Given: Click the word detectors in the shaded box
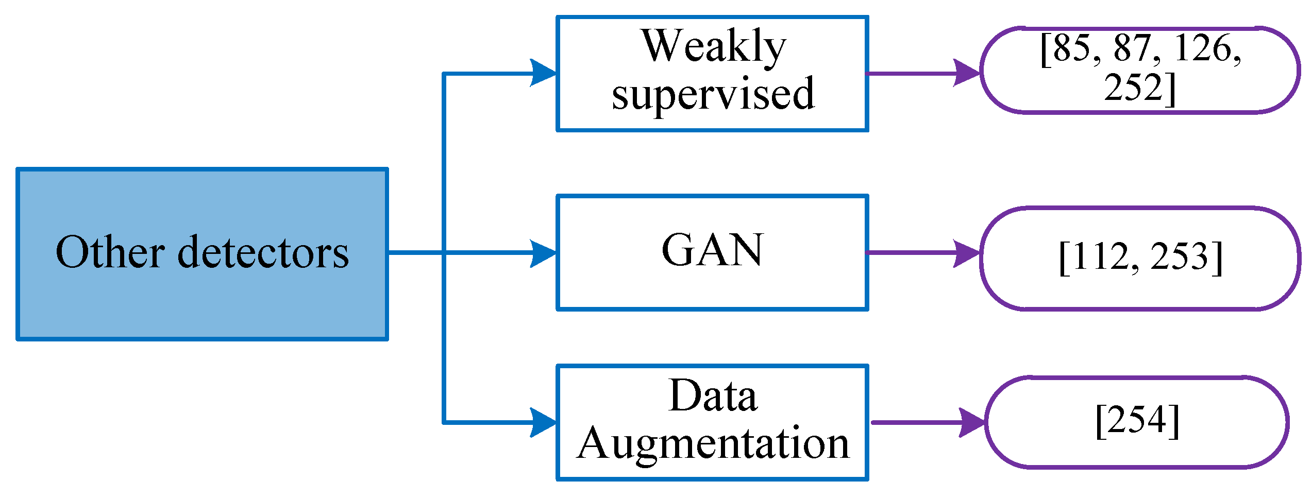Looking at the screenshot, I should pos(263,252).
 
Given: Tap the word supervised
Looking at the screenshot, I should pos(713,94).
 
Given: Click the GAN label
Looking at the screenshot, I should pos(712,250).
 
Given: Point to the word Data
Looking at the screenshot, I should pos(713,396).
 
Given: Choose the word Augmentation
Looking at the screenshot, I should pos(713,443).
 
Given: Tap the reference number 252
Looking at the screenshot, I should pos(1134,87).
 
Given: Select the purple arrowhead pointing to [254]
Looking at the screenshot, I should pos(971,423).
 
